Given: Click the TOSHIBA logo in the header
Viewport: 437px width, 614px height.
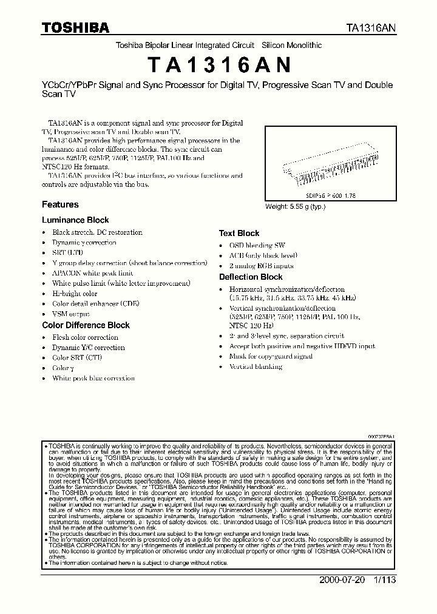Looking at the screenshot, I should click(76, 28).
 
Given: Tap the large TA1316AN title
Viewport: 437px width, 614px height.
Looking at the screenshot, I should click(218, 64).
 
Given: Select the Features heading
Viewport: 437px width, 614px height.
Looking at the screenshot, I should click(60, 204).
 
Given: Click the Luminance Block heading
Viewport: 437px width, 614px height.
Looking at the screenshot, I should click(75, 220).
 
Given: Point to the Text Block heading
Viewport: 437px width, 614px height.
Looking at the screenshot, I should click(239, 233).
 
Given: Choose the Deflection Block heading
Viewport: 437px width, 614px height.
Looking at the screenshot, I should click(251, 277).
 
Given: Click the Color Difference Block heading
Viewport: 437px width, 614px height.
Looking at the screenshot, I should click(86, 325).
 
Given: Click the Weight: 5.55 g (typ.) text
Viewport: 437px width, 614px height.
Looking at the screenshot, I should click(296, 206).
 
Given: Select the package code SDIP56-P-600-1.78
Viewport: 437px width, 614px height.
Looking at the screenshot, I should click(328, 197).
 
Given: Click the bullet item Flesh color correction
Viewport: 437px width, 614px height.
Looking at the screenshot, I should click(85, 337).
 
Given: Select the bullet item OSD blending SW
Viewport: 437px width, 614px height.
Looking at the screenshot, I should click(257, 245).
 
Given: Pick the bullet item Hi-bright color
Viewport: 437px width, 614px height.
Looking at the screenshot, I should click(75, 294).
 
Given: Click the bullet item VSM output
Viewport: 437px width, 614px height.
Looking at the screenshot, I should click(71, 314).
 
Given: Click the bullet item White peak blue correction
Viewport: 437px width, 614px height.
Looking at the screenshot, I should click(93, 378).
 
